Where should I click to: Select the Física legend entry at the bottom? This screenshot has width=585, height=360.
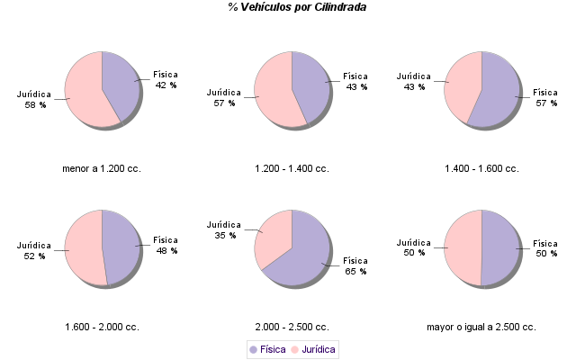click(x=267, y=349)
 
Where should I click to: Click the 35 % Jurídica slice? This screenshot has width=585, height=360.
click(x=274, y=234)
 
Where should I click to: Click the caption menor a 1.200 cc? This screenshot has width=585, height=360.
click(x=102, y=168)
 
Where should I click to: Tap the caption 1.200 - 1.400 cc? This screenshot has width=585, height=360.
click(x=292, y=168)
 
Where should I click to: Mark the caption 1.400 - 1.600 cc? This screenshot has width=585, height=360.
click(x=481, y=168)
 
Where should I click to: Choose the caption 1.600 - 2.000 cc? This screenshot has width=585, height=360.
click(x=102, y=327)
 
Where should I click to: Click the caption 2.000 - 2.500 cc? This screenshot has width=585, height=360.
click(x=292, y=327)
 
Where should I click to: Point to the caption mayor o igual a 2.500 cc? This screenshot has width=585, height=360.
click(x=481, y=327)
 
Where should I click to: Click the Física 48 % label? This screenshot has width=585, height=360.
click(x=166, y=245)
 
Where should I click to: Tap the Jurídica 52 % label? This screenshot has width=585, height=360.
click(x=34, y=250)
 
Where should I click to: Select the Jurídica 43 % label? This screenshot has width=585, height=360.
click(x=413, y=82)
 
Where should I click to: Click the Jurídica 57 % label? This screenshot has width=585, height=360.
click(x=224, y=98)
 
